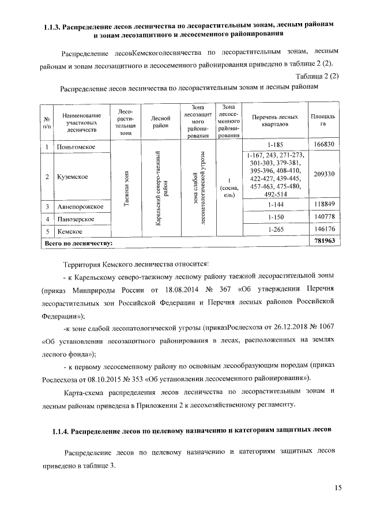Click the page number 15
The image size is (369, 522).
(337, 489)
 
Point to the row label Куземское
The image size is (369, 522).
(73, 176)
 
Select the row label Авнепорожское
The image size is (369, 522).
(80, 206)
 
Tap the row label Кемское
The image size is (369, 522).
(70, 231)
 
